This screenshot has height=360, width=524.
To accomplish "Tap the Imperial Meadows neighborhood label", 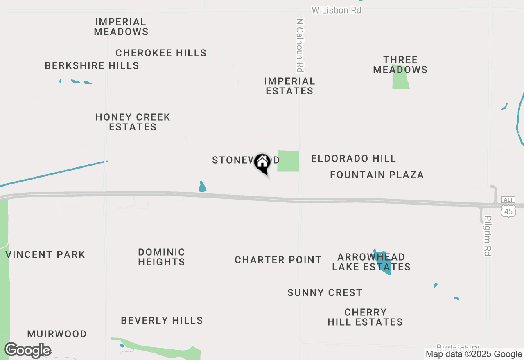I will click(121, 27).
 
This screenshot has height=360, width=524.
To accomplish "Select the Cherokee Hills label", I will click(161, 53).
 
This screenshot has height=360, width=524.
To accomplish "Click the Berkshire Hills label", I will click(92, 65).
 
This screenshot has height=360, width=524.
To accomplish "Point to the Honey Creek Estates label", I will click(133, 122).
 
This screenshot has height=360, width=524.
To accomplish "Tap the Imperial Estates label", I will click(289, 86).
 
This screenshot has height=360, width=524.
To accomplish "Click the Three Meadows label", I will click(400, 65).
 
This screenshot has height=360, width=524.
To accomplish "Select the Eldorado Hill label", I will click(353, 158).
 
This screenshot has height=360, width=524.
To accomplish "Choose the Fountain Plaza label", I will click(377, 175).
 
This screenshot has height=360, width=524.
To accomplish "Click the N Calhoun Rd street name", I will click(300, 45).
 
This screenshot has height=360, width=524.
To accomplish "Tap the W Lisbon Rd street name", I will click(337, 10).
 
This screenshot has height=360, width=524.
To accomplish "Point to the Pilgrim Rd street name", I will click(487, 236).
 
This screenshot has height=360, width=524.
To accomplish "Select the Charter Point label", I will click(278, 260).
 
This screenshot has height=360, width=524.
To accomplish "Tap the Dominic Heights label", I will click(161, 257).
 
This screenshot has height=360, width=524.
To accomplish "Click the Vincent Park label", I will click(45, 254).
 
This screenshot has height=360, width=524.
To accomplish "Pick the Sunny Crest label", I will click(325, 292).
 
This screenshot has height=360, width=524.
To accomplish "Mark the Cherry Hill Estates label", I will click(365, 317).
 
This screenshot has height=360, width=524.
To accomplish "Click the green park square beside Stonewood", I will click(288, 161).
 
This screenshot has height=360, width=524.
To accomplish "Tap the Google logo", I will click(27, 351).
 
